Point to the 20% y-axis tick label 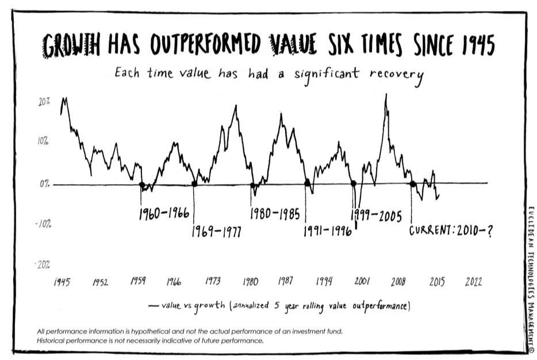pos(44,101)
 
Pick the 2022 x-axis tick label pos(473,282)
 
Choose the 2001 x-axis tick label pos(362,282)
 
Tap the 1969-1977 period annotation pos(216,232)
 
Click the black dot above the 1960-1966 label pos(141,185)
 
